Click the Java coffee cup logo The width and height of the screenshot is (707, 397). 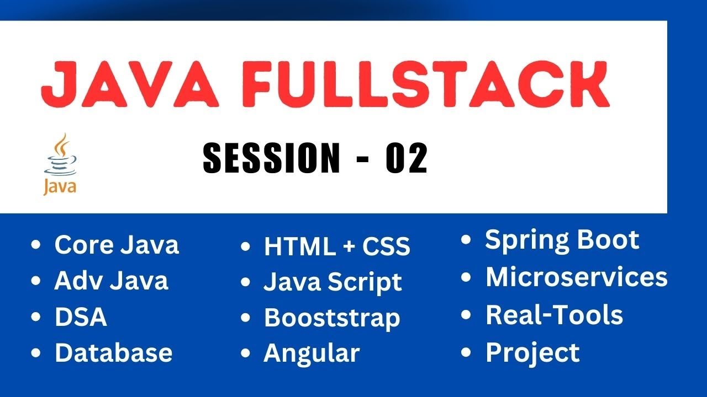(x=60, y=163)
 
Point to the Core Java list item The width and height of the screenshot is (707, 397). (x=117, y=245)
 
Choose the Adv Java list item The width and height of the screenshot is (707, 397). (x=111, y=281)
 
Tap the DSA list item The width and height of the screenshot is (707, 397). (x=81, y=317)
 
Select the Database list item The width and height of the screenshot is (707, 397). (x=113, y=353)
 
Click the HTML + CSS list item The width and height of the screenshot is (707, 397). (x=337, y=246)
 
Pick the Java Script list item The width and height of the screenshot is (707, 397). (x=333, y=283)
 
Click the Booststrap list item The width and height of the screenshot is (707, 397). (x=332, y=318)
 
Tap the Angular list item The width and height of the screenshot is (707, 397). (x=312, y=353)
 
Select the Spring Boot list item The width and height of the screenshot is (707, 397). (x=562, y=240)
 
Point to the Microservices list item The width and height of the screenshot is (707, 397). (x=576, y=277)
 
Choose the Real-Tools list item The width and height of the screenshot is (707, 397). (x=554, y=315)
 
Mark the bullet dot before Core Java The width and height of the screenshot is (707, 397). (x=36, y=245)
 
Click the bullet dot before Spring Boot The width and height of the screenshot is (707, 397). (x=467, y=240)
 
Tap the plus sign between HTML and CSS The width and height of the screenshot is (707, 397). (x=349, y=247)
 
